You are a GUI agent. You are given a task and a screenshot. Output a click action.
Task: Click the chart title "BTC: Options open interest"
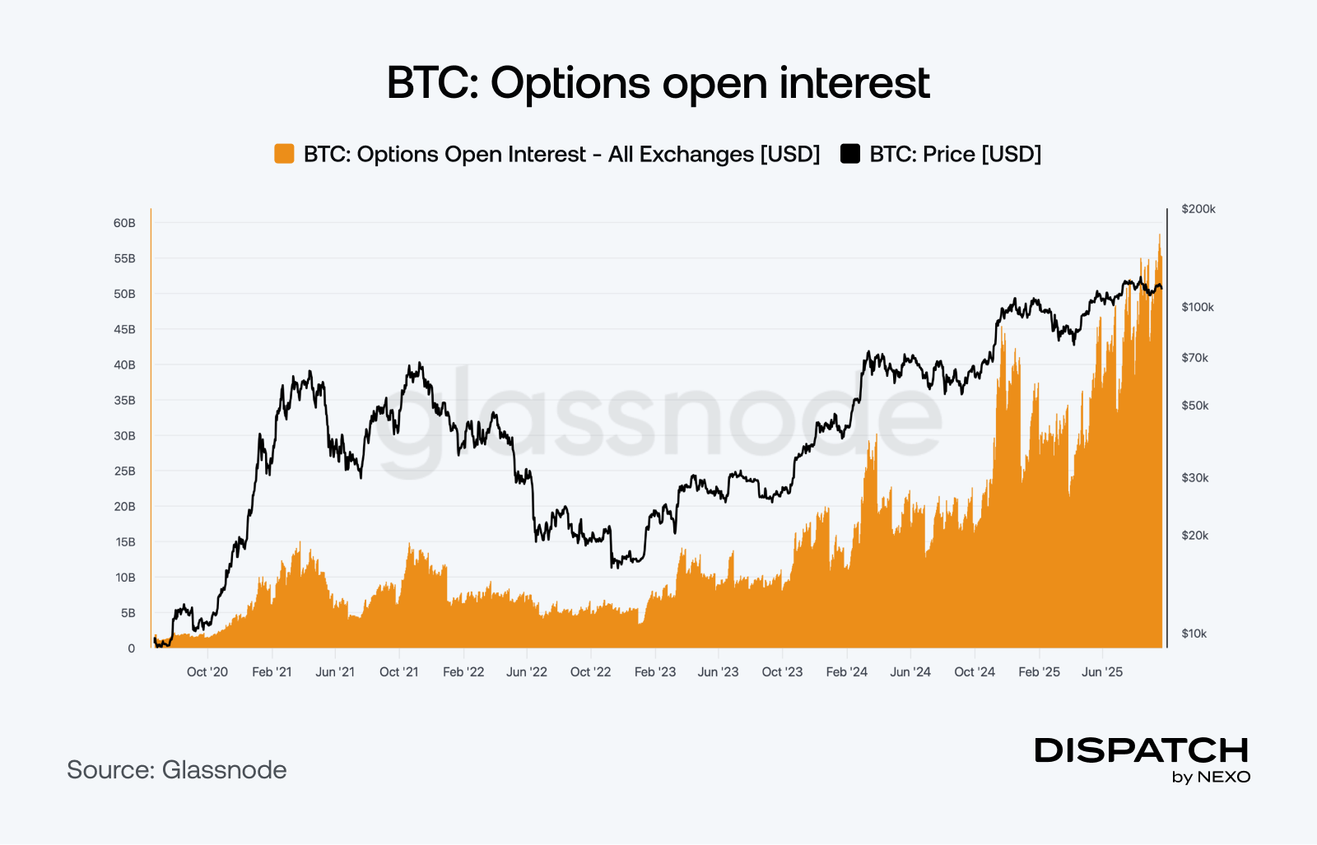click(x=658, y=83)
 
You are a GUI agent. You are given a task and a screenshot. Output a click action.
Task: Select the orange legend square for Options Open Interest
click(x=284, y=154)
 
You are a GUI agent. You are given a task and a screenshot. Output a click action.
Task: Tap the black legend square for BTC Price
click(x=850, y=154)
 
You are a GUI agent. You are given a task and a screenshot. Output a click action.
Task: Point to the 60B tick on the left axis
click(x=124, y=223)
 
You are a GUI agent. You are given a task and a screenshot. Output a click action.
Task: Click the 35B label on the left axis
click(x=124, y=401)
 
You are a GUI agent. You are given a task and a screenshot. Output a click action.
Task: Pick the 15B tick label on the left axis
click(x=125, y=542)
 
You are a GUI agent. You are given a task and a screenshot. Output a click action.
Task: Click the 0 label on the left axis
click(x=131, y=648)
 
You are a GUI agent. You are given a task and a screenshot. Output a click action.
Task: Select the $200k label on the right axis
click(x=1198, y=209)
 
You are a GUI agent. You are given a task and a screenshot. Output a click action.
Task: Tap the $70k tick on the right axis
click(x=1194, y=358)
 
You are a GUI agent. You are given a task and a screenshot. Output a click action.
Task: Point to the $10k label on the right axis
click(x=1194, y=634)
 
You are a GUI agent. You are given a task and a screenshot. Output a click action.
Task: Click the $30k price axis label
click(x=1194, y=478)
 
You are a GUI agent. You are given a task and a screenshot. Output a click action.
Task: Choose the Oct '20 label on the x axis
click(x=207, y=672)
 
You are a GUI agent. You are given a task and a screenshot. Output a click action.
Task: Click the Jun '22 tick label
click(x=527, y=672)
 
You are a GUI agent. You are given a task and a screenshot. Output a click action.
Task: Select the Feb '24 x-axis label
click(x=847, y=672)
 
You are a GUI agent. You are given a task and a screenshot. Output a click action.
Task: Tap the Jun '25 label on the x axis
click(x=1102, y=672)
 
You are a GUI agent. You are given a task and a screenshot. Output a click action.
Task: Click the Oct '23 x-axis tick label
click(x=782, y=672)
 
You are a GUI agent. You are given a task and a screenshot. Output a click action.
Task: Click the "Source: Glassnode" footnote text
click(x=177, y=770)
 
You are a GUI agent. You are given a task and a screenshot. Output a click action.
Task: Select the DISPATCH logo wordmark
click(x=1142, y=750)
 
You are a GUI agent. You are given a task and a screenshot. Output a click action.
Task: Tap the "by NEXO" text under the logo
click(x=1211, y=778)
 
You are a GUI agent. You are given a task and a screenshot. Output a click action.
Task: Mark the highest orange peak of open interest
click(x=1159, y=235)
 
